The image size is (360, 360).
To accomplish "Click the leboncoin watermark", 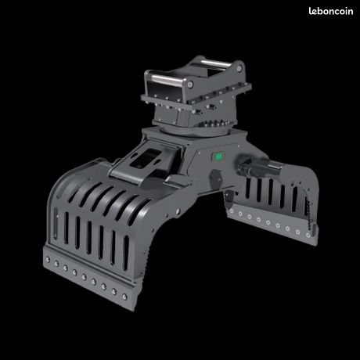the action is [331, 11].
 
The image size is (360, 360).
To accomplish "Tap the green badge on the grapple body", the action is [218, 157].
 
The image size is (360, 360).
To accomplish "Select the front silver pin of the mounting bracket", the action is [164, 78].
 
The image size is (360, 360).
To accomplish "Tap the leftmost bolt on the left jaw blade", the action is [48, 260].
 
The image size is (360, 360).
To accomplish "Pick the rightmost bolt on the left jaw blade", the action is [124, 297].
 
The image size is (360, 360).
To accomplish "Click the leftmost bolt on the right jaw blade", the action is [231, 211].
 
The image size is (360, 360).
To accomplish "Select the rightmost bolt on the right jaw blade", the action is [308, 236].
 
